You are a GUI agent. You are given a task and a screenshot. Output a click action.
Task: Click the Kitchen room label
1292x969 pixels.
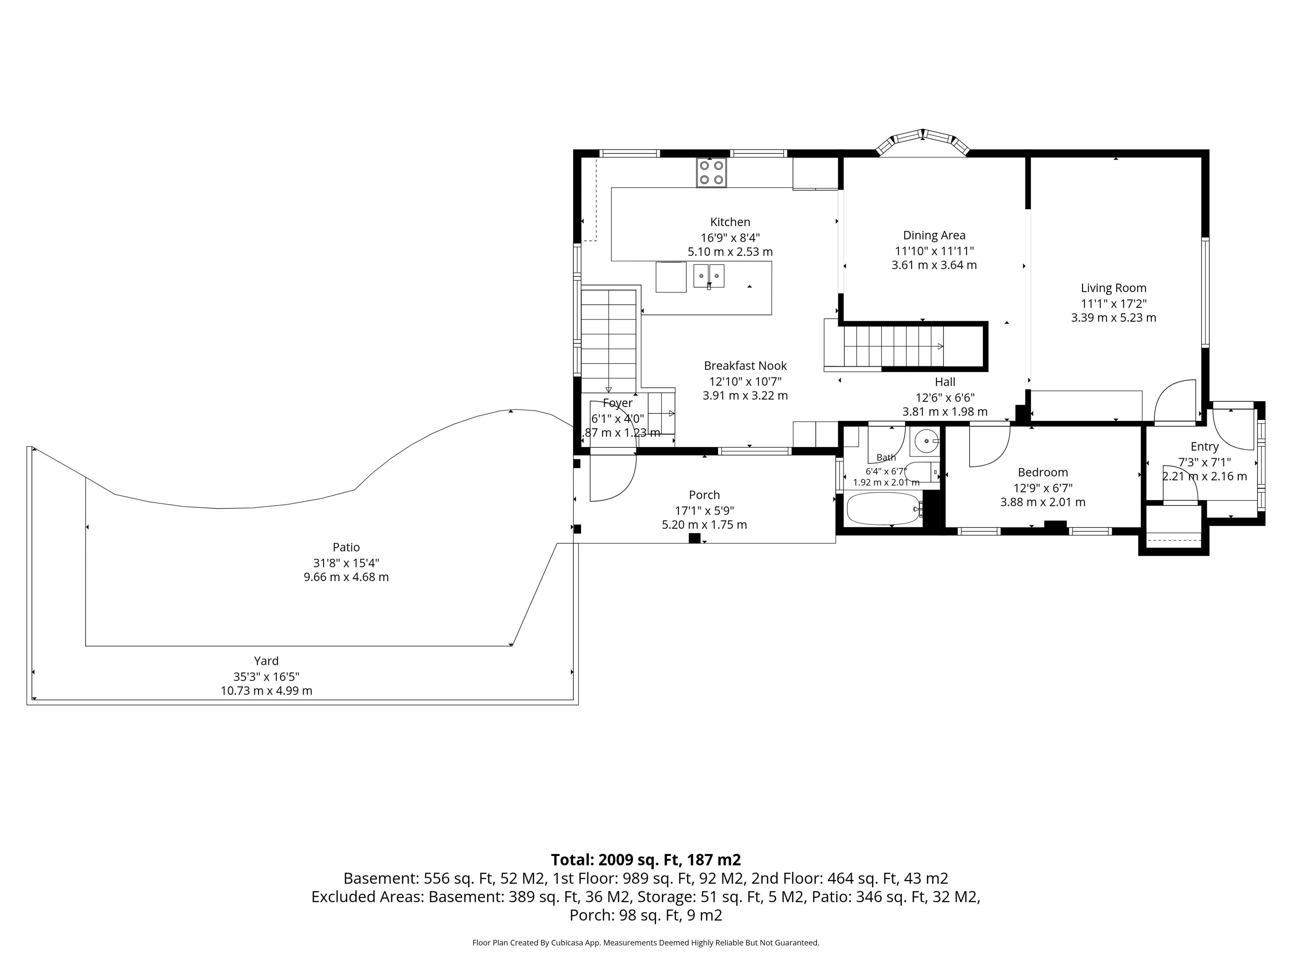(730, 222)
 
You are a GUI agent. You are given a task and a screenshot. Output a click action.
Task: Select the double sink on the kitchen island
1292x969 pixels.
(709, 276)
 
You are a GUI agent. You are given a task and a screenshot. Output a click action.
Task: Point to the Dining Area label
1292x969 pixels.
(934, 236)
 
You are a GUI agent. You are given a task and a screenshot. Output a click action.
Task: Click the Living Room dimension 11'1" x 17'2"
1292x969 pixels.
(1113, 304)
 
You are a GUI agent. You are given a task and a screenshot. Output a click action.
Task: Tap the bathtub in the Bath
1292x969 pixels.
(883, 509)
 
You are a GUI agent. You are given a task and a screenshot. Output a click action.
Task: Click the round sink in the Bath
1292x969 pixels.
(926, 441)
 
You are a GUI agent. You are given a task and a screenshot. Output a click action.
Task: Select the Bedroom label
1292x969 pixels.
(1043, 472)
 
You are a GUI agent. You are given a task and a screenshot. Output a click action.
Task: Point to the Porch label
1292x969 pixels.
(705, 495)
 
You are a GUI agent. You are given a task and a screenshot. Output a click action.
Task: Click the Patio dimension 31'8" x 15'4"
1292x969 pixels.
(346, 563)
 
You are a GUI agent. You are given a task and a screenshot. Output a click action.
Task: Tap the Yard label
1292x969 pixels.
(266, 660)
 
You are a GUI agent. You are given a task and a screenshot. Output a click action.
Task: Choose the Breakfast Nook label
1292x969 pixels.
(745, 366)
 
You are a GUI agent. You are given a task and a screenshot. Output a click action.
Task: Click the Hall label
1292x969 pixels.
(945, 382)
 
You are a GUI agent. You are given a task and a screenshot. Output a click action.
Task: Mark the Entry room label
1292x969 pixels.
(1205, 447)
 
